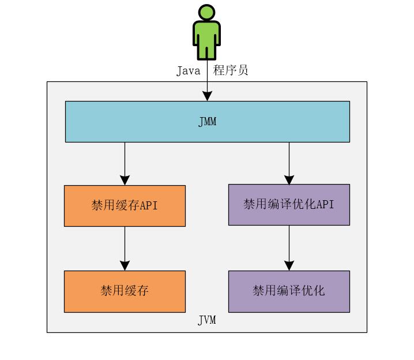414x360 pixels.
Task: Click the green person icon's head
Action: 206,13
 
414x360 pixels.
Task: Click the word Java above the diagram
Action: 188,71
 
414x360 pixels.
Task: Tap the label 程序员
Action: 231,71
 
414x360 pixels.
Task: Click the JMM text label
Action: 207,121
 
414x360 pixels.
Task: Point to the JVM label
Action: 207,320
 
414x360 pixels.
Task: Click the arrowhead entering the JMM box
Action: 207,96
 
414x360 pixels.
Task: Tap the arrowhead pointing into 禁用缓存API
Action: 125,179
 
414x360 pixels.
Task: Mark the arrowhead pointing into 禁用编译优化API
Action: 289,179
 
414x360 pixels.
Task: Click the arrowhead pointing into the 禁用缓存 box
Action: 125,265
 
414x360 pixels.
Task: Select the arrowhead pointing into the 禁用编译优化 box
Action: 289,265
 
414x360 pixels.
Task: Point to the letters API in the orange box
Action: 149,205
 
